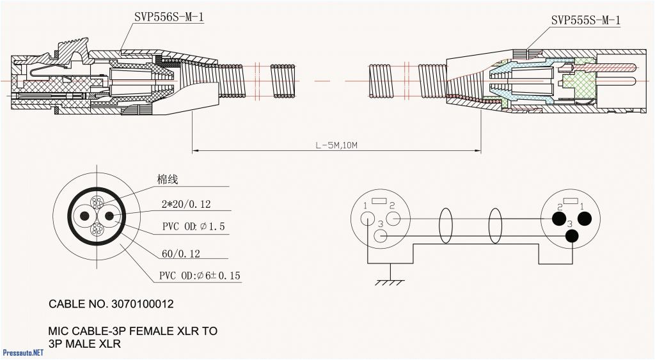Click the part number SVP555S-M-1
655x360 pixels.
tap(585, 20)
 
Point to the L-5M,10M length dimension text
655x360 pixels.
tap(336, 146)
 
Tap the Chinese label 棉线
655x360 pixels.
tap(167, 180)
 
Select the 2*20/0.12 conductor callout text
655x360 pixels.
tap(186, 205)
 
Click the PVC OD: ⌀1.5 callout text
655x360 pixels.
tap(193, 227)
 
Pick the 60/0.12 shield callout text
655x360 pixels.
tap(180, 254)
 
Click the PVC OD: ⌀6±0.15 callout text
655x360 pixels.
tap(200, 276)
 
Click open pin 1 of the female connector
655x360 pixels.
tap(367, 218)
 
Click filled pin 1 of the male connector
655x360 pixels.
tap(584, 219)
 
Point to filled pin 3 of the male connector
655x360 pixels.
tap(571, 236)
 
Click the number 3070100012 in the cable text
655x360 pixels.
tap(141, 304)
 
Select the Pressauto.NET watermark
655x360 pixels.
tap(23, 352)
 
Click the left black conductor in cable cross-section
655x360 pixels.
tap(83, 215)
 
